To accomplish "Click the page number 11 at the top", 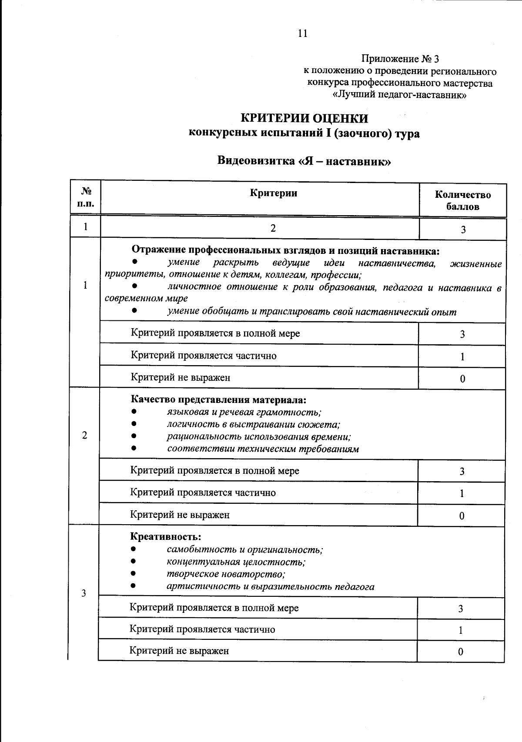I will pos(303,33).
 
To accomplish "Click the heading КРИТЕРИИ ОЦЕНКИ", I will pos(304,119).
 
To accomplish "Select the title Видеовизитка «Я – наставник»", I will pos(304,161).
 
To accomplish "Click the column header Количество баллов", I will pos(462,200).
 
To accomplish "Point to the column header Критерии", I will pos(273,193).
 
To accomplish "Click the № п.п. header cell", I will pos(85,197).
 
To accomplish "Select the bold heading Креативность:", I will pos(165,537).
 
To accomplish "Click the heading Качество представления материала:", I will pos(218,399).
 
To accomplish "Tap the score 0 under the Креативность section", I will pos(460,652).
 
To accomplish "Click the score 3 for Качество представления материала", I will pos(462,471).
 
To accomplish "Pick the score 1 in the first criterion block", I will pos(462,357).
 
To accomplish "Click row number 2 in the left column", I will pos(84,436).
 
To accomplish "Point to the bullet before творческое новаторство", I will pos(134,574).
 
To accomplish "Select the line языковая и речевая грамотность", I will pos(244,412).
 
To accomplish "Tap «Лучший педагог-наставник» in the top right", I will pos(399,95).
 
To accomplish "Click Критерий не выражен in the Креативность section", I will pos(179,651).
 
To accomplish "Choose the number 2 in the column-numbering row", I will pos(273,228).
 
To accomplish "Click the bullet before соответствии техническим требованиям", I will pos(134,449).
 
